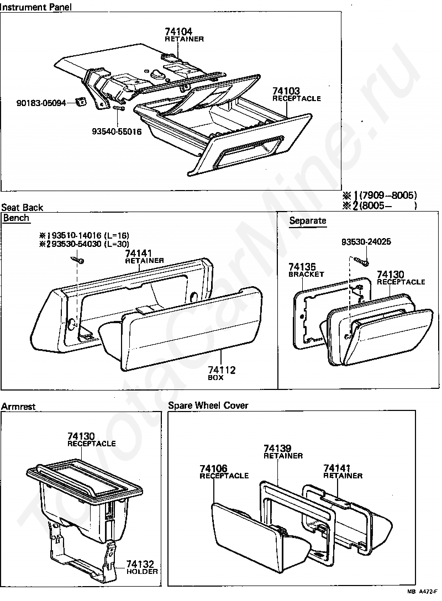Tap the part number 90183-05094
point(41,103)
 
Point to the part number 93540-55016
point(117,131)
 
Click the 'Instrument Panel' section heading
point(36,7)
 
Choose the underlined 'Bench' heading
point(16,218)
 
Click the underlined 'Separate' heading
point(308,221)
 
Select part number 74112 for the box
point(222,370)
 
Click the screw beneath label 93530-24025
point(360,258)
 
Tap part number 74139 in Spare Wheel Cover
point(277,448)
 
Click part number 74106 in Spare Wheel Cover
point(213,468)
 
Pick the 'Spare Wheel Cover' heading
point(208,405)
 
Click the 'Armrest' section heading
point(18,407)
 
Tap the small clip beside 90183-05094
point(81,101)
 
